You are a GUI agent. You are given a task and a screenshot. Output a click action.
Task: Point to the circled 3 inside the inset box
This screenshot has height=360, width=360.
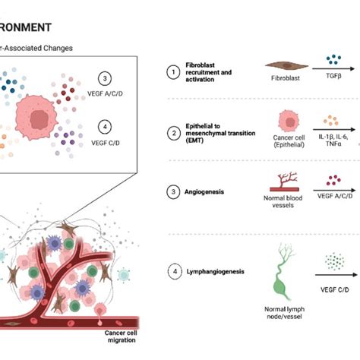tap(106, 77)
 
